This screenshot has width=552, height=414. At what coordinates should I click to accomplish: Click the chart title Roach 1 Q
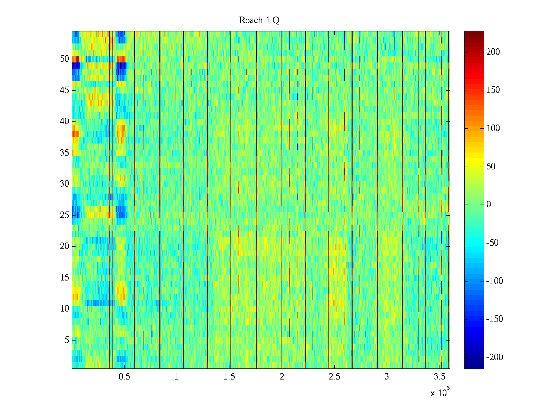coord(259,20)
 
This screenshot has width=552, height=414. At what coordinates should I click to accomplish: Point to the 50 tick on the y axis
coord(65,59)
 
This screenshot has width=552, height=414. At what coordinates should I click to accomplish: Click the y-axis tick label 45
coord(65,90)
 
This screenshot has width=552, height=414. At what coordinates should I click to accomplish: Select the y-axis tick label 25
coord(65,215)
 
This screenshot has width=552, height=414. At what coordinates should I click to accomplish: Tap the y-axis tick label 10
coord(65,309)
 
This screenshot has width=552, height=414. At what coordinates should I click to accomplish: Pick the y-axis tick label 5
coord(67,340)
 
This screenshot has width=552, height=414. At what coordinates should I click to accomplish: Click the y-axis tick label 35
coord(65,153)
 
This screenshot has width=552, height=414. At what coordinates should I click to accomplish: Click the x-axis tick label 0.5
coord(124,377)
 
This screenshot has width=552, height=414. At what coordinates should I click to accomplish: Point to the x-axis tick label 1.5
coord(229,377)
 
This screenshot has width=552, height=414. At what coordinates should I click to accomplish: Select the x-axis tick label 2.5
coord(334,377)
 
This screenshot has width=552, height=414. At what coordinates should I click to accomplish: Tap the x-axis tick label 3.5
coord(439,377)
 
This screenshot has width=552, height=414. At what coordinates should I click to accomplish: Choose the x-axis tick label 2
coord(282,377)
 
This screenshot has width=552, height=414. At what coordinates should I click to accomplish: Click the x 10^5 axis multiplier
coord(440,393)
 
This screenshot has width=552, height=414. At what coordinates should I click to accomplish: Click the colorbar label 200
coord(493,52)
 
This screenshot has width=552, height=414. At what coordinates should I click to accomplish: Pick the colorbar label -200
coord(494,357)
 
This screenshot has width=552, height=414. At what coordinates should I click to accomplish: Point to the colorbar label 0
coord(489,205)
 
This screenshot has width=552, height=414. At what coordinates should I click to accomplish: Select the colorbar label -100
coord(494,281)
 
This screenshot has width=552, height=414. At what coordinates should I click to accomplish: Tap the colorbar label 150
coord(493,90)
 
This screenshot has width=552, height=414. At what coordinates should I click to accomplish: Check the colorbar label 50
coord(491,167)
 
